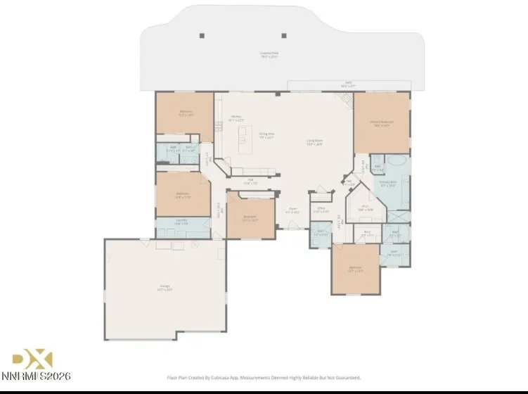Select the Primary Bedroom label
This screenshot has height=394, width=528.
pyautogui.click(x=382, y=123)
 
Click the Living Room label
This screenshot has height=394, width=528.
pyautogui.click(x=314, y=141)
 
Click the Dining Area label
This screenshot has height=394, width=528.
pyautogui.click(x=266, y=136)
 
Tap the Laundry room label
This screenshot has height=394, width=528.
pyautogui.click(x=181, y=223)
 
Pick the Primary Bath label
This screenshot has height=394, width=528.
pyautogui.click(x=388, y=184)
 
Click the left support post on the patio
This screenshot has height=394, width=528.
pyautogui.click(x=202, y=35)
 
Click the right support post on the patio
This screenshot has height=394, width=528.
pyautogui.click(x=283, y=35)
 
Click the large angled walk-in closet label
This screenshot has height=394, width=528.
pyautogui.click(x=366, y=209)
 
